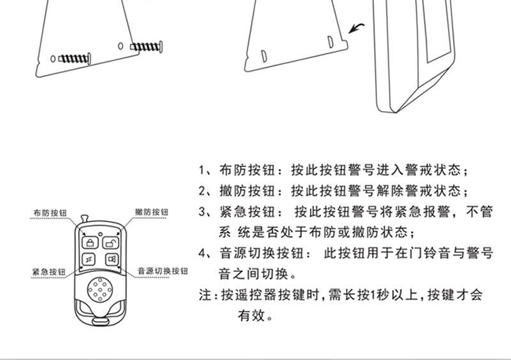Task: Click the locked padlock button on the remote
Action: [x=90, y=243]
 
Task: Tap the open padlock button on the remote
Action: [x=111, y=243]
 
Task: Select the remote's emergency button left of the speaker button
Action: [x=89, y=260]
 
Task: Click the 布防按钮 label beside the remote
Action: [x=50, y=213]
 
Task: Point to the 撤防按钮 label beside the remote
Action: [x=152, y=212]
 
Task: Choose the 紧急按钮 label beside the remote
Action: [x=49, y=272]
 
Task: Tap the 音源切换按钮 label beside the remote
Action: [x=163, y=271]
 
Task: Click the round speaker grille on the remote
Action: [x=100, y=290]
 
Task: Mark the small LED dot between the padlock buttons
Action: [x=100, y=234]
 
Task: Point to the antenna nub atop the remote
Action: [x=84, y=218]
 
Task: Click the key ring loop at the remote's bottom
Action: [x=100, y=321]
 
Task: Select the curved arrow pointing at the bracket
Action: [x=356, y=28]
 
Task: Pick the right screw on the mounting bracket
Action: [x=146, y=46]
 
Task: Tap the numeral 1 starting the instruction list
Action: [x=202, y=170]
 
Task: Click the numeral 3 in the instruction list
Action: [x=202, y=212]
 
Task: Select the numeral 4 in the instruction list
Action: [x=202, y=254]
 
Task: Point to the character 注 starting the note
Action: [x=205, y=295]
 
